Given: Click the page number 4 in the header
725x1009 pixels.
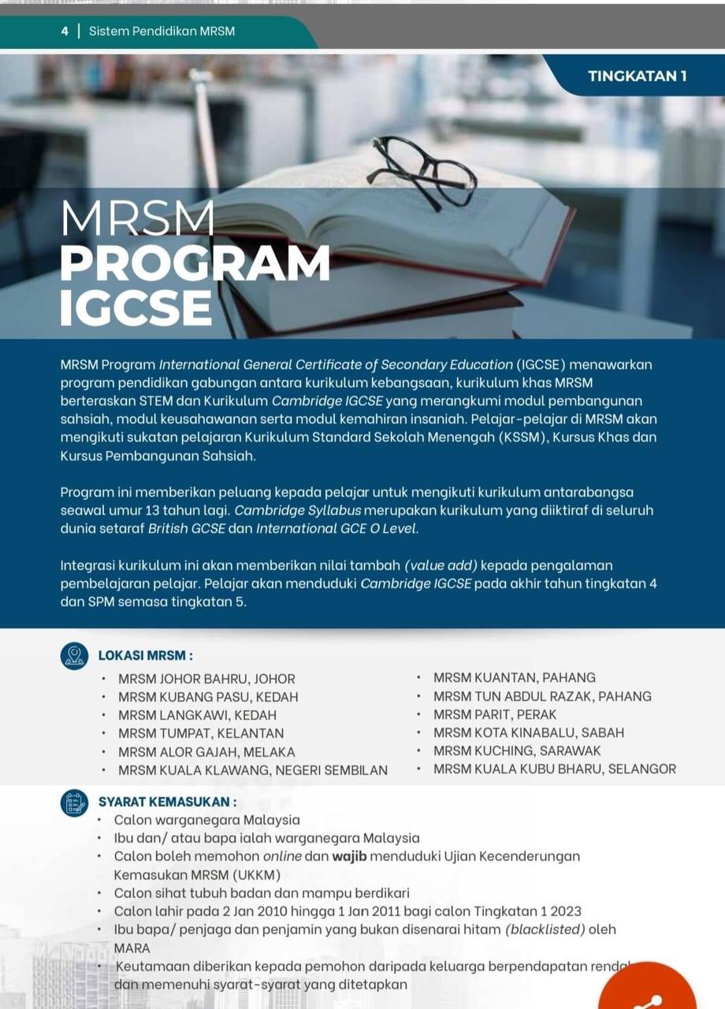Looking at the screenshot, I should point(65,32).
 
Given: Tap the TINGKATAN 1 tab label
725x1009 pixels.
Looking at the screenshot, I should point(637,76).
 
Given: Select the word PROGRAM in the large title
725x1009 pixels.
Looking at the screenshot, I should point(195,264).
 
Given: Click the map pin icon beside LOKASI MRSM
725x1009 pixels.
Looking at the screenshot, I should point(75,656).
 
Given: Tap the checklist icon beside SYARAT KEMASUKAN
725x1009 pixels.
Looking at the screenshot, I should point(75,802).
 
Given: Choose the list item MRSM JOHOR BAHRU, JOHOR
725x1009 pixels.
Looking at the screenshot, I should point(206,679).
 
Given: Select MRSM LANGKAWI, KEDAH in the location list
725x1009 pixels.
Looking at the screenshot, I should point(197,716).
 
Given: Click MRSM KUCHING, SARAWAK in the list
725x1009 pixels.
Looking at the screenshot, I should point(517,750).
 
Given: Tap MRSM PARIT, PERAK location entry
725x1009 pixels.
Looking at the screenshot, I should point(495,714).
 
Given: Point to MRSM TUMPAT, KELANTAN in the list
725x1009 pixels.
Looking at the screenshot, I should point(201,734).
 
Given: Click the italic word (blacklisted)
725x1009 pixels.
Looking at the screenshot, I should point(545,929).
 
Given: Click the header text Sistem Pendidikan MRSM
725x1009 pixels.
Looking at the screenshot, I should point(162,32).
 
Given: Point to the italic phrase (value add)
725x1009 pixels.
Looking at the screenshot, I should point(441,565).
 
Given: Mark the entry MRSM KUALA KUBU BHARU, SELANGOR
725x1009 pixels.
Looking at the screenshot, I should point(555,769).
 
